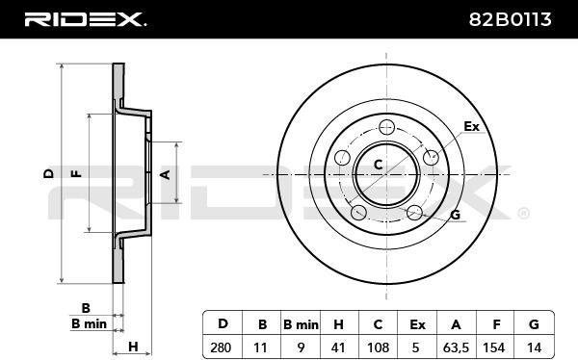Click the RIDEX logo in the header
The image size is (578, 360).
click(x=86, y=19)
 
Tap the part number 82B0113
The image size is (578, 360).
click(x=511, y=19)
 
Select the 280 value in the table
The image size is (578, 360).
click(x=221, y=347)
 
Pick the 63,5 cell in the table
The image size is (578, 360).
click(x=456, y=347)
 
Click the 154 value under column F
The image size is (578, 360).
click(x=495, y=347)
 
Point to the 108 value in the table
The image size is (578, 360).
click(x=379, y=347)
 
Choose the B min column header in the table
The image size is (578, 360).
click(x=301, y=324)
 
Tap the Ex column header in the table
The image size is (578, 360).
click(x=417, y=324)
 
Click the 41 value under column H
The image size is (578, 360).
click(x=338, y=347)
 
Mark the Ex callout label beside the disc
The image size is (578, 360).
click(x=471, y=126)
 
